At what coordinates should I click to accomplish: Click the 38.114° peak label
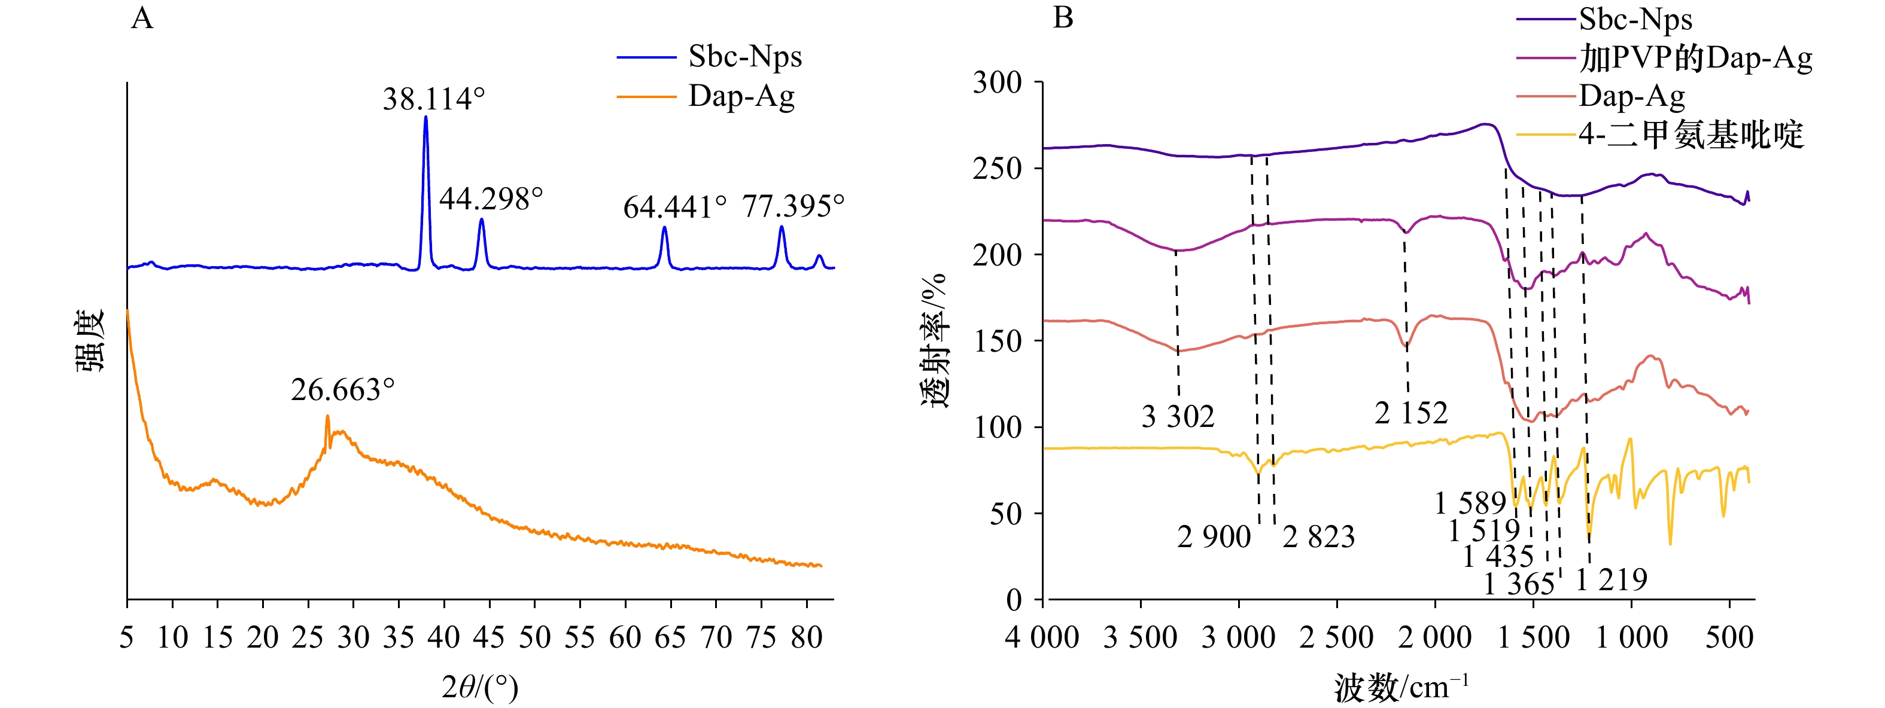point(433,99)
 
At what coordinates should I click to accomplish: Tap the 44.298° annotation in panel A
point(490,199)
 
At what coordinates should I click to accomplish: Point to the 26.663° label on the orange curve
point(342,390)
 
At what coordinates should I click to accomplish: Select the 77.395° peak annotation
point(792,206)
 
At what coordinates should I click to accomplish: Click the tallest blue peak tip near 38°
point(426,117)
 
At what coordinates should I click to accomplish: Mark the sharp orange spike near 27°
point(327,417)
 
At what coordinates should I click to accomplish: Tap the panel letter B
point(1063,17)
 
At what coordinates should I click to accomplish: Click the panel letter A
point(142,17)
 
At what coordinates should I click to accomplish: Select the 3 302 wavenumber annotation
point(1178,417)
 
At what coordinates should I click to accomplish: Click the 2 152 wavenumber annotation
point(1411,413)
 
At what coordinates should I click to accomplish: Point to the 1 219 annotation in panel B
point(1612,580)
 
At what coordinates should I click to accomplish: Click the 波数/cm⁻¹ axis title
point(1400,688)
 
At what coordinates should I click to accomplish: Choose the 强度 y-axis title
point(90,341)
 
